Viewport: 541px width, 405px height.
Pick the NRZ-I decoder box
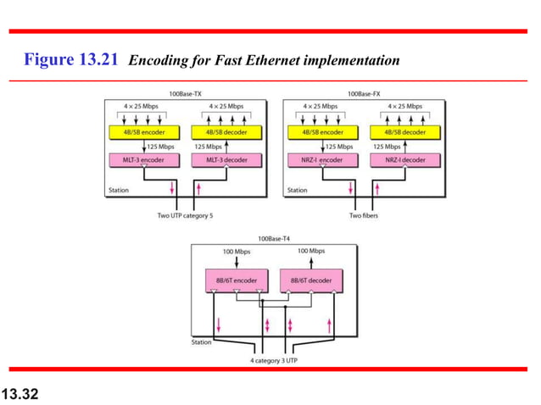point(402,159)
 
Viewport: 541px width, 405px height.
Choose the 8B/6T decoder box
point(311,280)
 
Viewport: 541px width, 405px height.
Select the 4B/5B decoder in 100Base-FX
point(402,132)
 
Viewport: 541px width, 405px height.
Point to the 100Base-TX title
point(186,93)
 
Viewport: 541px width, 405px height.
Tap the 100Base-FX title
point(364,93)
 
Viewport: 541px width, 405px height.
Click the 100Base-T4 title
point(273,240)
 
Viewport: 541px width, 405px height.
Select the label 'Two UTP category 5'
point(186,216)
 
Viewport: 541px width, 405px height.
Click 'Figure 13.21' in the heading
point(73,61)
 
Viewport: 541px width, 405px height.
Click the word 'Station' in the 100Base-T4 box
point(200,343)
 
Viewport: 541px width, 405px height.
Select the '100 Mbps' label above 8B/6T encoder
point(237,252)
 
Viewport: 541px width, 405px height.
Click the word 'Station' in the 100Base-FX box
point(297,191)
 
